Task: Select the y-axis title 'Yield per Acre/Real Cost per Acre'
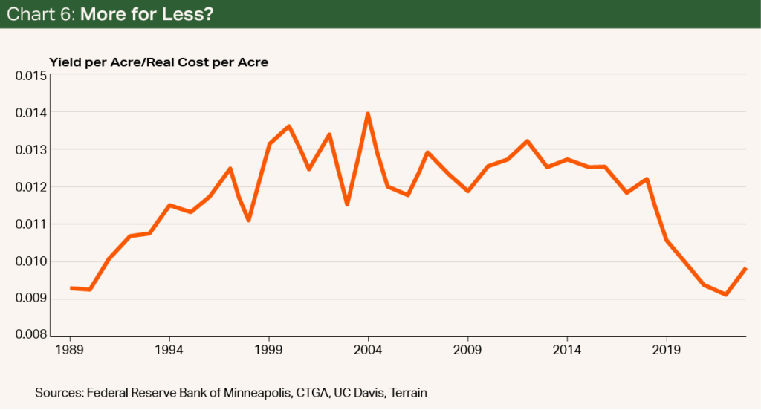(x=158, y=62)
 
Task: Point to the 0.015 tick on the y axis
(x=31, y=76)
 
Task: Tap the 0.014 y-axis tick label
(x=31, y=113)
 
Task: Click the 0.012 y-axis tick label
(x=31, y=187)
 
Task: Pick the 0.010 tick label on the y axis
(x=31, y=261)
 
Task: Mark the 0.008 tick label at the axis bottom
(x=31, y=335)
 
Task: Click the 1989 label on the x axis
(x=70, y=349)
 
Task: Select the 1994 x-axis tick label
(x=169, y=349)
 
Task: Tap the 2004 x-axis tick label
(x=368, y=349)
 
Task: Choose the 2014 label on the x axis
(x=567, y=349)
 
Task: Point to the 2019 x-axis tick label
(x=667, y=349)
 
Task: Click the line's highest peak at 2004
(x=368, y=114)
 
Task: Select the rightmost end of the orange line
(x=745, y=268)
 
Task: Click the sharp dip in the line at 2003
(x=348, y=204)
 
